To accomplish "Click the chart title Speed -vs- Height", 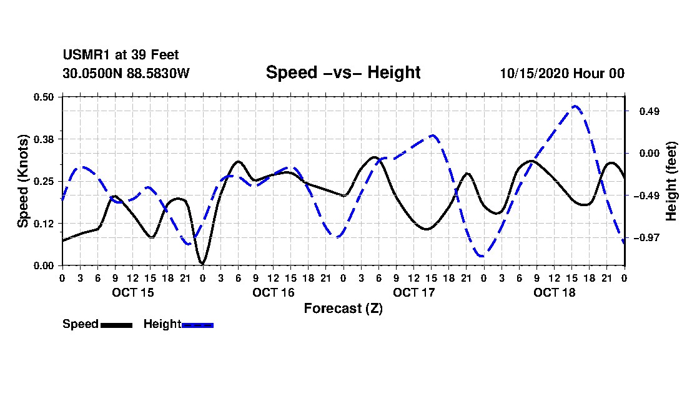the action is pyautogui.click(x=343, y=72).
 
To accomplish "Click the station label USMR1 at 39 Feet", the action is pyautogui.click(x=121, y=55).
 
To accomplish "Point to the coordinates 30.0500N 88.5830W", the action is pyautogui.click(x=126, y=73).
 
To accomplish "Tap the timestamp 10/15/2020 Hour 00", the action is pyautogui.click(x=562, y=73).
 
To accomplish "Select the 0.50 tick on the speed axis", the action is pyautogui.click(x=43, y=97).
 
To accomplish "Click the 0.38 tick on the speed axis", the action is pyautogui.click(x=43, y=139).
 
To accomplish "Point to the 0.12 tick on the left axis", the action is pyautogui.click(x=43, y=224).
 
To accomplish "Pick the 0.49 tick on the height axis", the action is pyautogui.click(x=650, y=111).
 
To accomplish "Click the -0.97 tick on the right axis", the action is pyautogui.click(x=646, y=238).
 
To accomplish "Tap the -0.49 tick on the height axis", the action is pyautogui.click(x=646, y=196).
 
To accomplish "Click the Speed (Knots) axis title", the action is pyautogui.click(x=22, y=181).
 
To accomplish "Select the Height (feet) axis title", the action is pyautogui.click(x=671, y=181).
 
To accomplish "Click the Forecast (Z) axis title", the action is pyautogui.click(x=343, y=309).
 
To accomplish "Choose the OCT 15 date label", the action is pyautogui.click(x=133, y=292).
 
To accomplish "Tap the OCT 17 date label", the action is pyautogui.click(x=413, y=292).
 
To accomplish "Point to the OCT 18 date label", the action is pyautogui.click(x=554, y=292).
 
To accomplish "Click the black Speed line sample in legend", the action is pyautogui.click(x=116, y=325).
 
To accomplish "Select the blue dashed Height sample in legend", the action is pyautogui.click(x=197, y=325).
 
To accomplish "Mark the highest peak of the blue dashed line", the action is pyautogui.click(x=575, y=106).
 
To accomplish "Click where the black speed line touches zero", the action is pyautogui.click(x=202, y=264).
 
